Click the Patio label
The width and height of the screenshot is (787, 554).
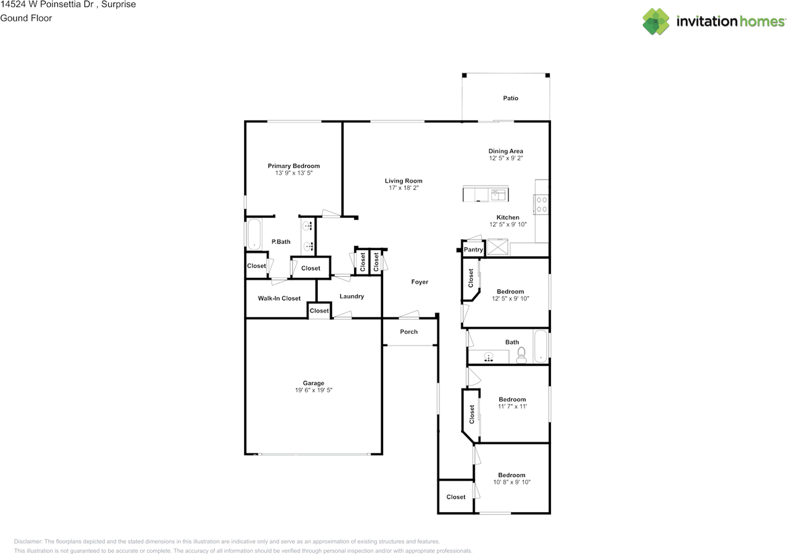[510, 98]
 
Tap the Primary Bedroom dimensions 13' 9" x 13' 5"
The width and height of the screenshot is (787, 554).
[294, 173]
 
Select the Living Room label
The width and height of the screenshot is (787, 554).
[403, 181]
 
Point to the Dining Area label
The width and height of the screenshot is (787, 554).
[505, 151]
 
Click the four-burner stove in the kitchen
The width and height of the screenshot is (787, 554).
[541, 205]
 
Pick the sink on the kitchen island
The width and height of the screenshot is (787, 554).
[498, 194]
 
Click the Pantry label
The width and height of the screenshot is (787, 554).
[473, 250]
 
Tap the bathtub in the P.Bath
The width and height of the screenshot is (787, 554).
[254, 234]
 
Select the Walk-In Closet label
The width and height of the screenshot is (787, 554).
[279, 298]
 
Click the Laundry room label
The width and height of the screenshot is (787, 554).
[352, 296]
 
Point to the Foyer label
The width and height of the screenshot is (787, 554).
[420, 282]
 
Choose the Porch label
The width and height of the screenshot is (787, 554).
[409, 331]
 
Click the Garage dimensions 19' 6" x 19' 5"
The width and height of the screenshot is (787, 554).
[314, 390]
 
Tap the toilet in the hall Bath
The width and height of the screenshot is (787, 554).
[521, 355]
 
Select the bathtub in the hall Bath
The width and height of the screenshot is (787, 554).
[540, 346]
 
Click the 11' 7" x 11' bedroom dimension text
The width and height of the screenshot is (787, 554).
[512, 406]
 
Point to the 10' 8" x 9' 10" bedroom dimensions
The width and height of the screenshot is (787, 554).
[512, 482]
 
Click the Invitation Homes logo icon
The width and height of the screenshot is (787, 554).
[656, 22]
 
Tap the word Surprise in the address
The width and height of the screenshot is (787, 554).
[119, 4]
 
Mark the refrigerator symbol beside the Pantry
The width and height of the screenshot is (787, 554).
[497, 247]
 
